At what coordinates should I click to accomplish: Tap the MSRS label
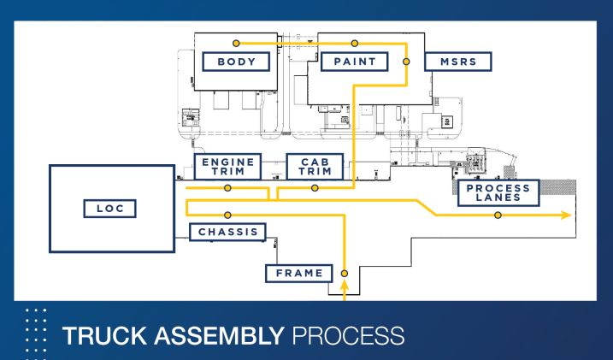pyautogui.click(x=458, y=62)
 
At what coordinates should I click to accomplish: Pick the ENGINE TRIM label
pyautogui.click(x=226, y=167)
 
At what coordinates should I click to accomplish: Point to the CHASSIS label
pyautogui.click(x=227, y=231)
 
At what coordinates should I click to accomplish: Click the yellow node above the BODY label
pyautogui.click(x=237, y=42)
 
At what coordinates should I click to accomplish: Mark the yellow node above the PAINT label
pyautogui.click(x=355, y=42)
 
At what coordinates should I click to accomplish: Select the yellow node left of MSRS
pyautogui.click(x=406, y=61)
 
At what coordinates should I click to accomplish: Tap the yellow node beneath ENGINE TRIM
pyautogui.click(x=227, y=188)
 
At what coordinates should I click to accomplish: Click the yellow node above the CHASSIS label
pyautogui.click(x=227, y=215)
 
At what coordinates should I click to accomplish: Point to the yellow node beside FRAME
pyautogui.click(x=345, y=274)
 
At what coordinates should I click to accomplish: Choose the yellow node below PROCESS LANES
pyautogui.click(x=498, y=215)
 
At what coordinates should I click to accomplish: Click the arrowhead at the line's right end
pyautogui.click(x=566, y=215)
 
